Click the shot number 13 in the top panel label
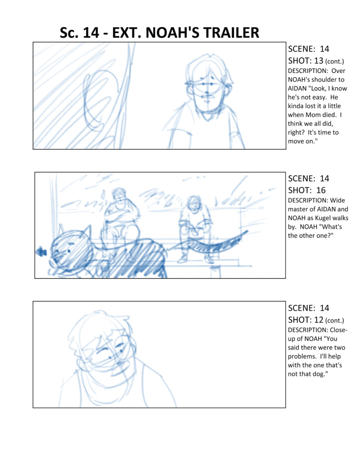(318, 61)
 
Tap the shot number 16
(321, 190)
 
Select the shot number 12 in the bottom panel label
(318, 320)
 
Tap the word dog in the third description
(317, 374)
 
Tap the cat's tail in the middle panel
(208, 242)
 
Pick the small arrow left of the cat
(41, 252)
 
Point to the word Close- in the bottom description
(338, 330)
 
